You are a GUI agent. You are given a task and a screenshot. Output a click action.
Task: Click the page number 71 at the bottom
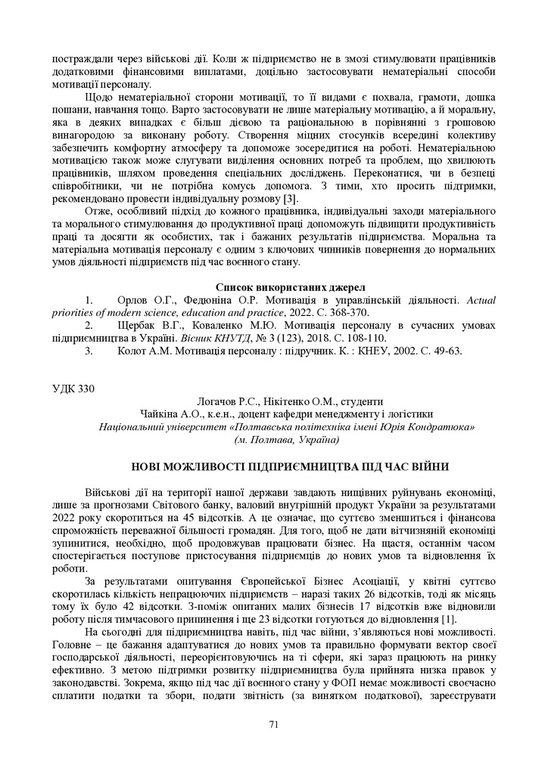coord(274,724)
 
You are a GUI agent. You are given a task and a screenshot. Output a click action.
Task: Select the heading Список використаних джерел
coord(290,287)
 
